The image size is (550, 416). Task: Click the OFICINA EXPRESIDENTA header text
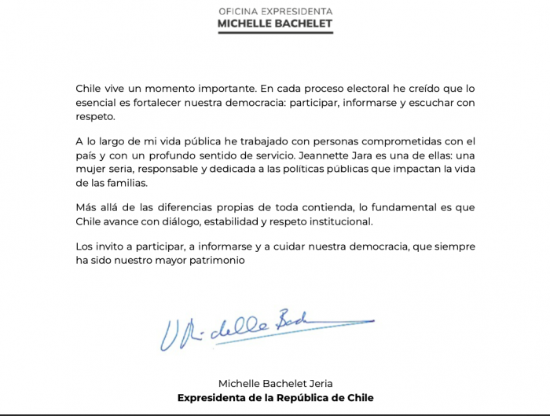274,11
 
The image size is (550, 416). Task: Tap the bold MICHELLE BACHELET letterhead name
274,24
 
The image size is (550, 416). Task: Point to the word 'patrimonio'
229,260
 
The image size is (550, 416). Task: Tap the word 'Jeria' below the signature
317,383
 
